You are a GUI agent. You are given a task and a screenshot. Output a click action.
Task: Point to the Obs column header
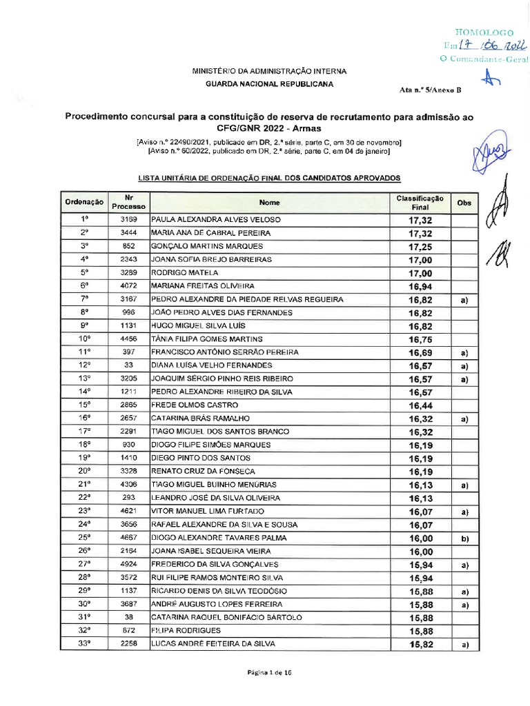pyautogui.click(x=464, y=203)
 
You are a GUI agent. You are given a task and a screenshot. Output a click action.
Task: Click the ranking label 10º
pyautogui.click(x=85, y=339)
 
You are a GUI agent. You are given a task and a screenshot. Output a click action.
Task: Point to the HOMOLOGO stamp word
pyautogui.click(x=484, y=32)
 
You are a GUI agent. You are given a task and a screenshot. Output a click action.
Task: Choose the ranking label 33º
pyautogui.click(x=85, y=644)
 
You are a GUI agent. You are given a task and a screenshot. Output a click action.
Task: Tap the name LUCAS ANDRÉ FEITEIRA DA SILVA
pyautogui.click(x=213, y=644)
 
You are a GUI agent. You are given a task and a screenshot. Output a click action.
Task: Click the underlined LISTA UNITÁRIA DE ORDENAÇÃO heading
pyautogui.click(x=270, y=179)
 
